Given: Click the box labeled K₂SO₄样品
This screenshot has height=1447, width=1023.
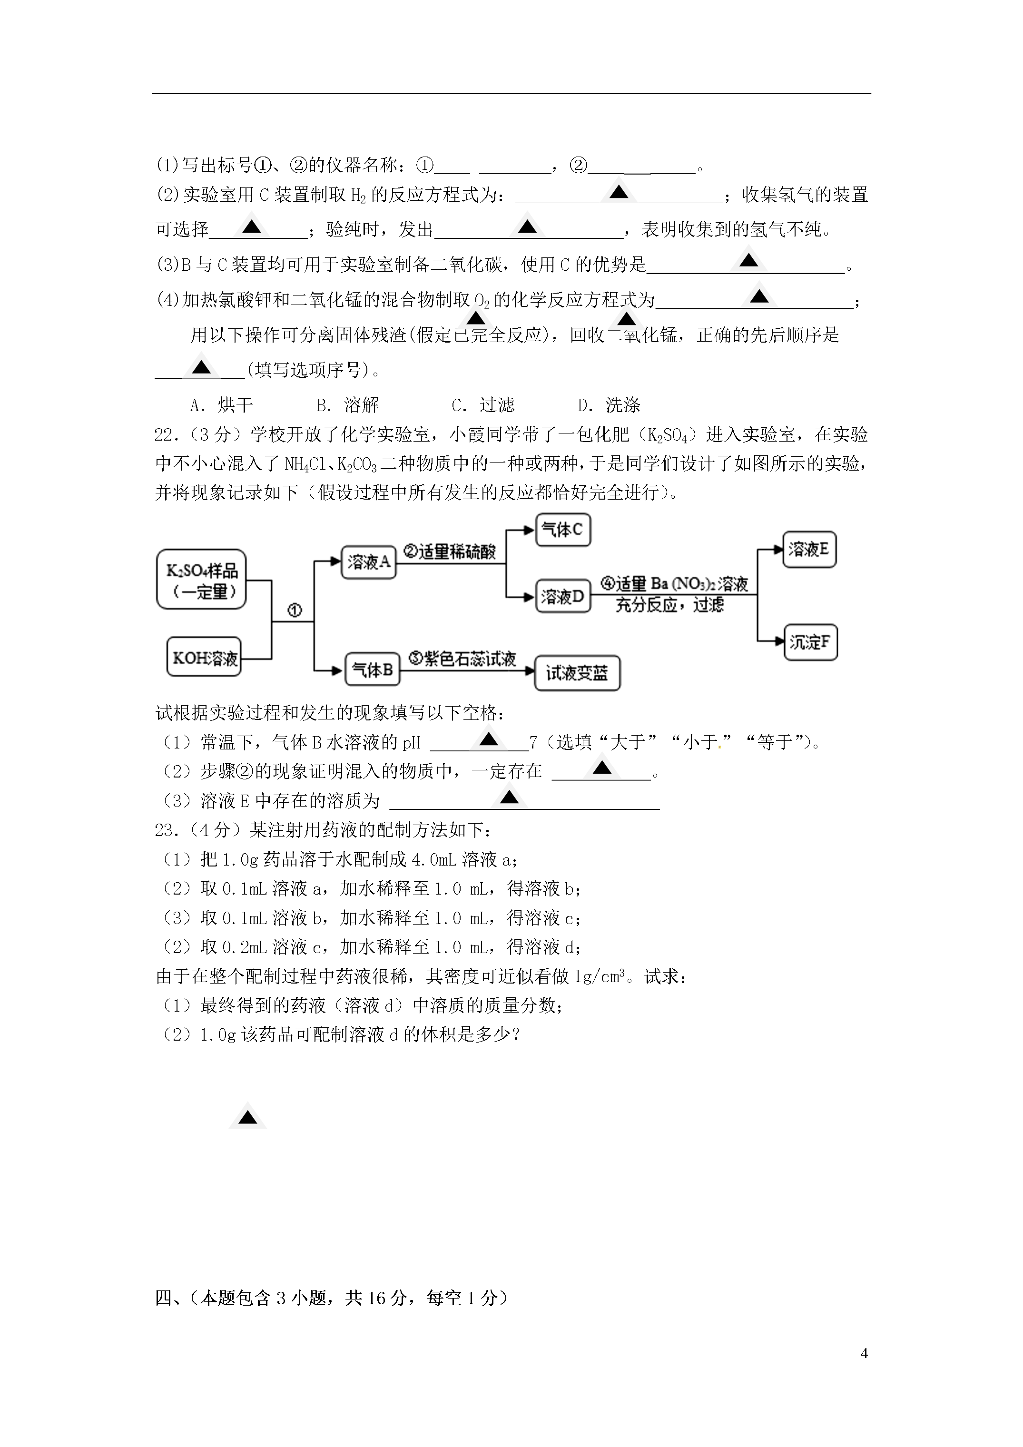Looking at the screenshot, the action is click(201, 579).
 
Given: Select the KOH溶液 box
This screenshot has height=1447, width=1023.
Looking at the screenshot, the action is click(204, 657).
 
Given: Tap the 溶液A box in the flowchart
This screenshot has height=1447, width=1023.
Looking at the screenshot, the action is click(369, 562).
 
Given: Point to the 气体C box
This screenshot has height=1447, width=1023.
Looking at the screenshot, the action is click(563, 530).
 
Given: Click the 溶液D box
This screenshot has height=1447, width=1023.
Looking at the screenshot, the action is click(563, 596).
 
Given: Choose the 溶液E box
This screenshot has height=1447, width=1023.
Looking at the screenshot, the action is click(809, 550).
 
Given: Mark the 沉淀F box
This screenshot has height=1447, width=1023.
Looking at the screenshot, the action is click(811, 642).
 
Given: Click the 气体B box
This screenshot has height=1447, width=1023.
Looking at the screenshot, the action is click(373, 669).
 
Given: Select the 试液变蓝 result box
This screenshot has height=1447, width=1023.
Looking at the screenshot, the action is click(577, 673).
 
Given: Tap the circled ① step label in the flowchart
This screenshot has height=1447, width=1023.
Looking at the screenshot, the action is click(295, 610).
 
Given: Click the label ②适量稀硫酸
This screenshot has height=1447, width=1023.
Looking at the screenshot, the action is click(450, 552).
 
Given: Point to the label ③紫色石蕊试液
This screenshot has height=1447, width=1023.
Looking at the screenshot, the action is click(462, 659).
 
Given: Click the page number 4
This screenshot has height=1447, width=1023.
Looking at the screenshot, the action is click(864, 1353).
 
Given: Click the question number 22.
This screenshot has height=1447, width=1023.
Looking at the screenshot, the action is click(163, 434).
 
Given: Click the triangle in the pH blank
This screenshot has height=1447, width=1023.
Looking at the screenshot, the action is click(489, 738).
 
